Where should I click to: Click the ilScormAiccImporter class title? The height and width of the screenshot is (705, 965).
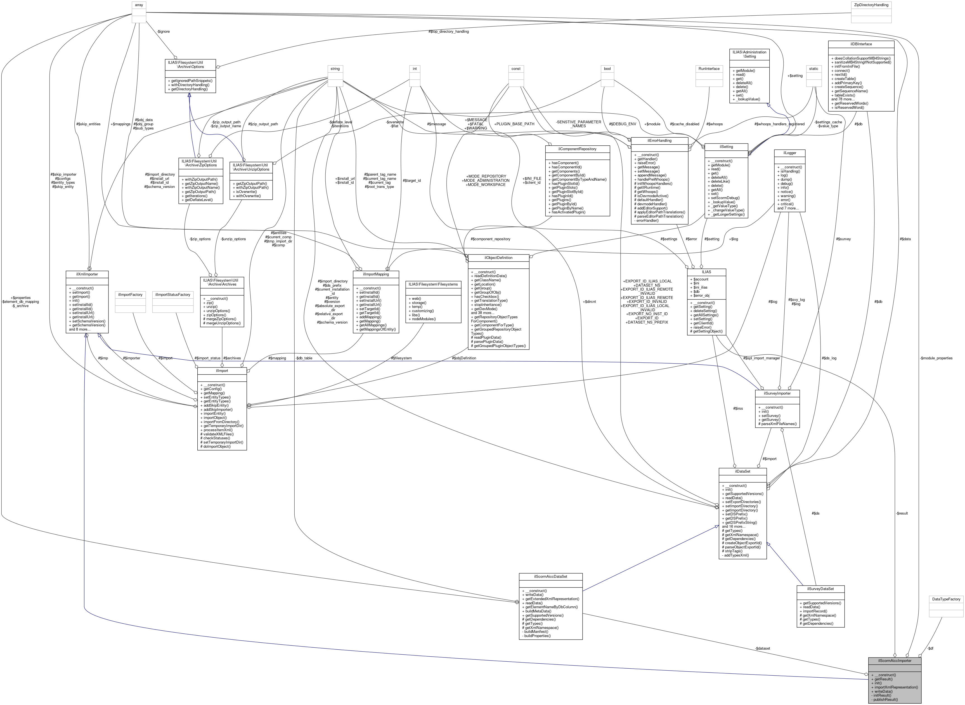895,661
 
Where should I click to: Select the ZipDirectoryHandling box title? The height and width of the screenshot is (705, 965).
871,5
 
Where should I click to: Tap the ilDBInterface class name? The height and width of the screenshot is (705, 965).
861,44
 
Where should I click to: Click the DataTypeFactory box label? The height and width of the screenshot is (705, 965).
946,599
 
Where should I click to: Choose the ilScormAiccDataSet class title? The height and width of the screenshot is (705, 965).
550,577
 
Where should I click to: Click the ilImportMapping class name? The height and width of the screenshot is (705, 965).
376,274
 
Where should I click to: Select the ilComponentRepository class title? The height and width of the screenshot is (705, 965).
577,149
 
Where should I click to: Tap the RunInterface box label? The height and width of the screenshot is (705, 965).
709,69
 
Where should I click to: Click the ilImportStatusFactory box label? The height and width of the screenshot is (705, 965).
173,295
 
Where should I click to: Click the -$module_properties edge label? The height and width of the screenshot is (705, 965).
936,358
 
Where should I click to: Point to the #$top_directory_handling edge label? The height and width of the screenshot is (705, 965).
448,32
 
